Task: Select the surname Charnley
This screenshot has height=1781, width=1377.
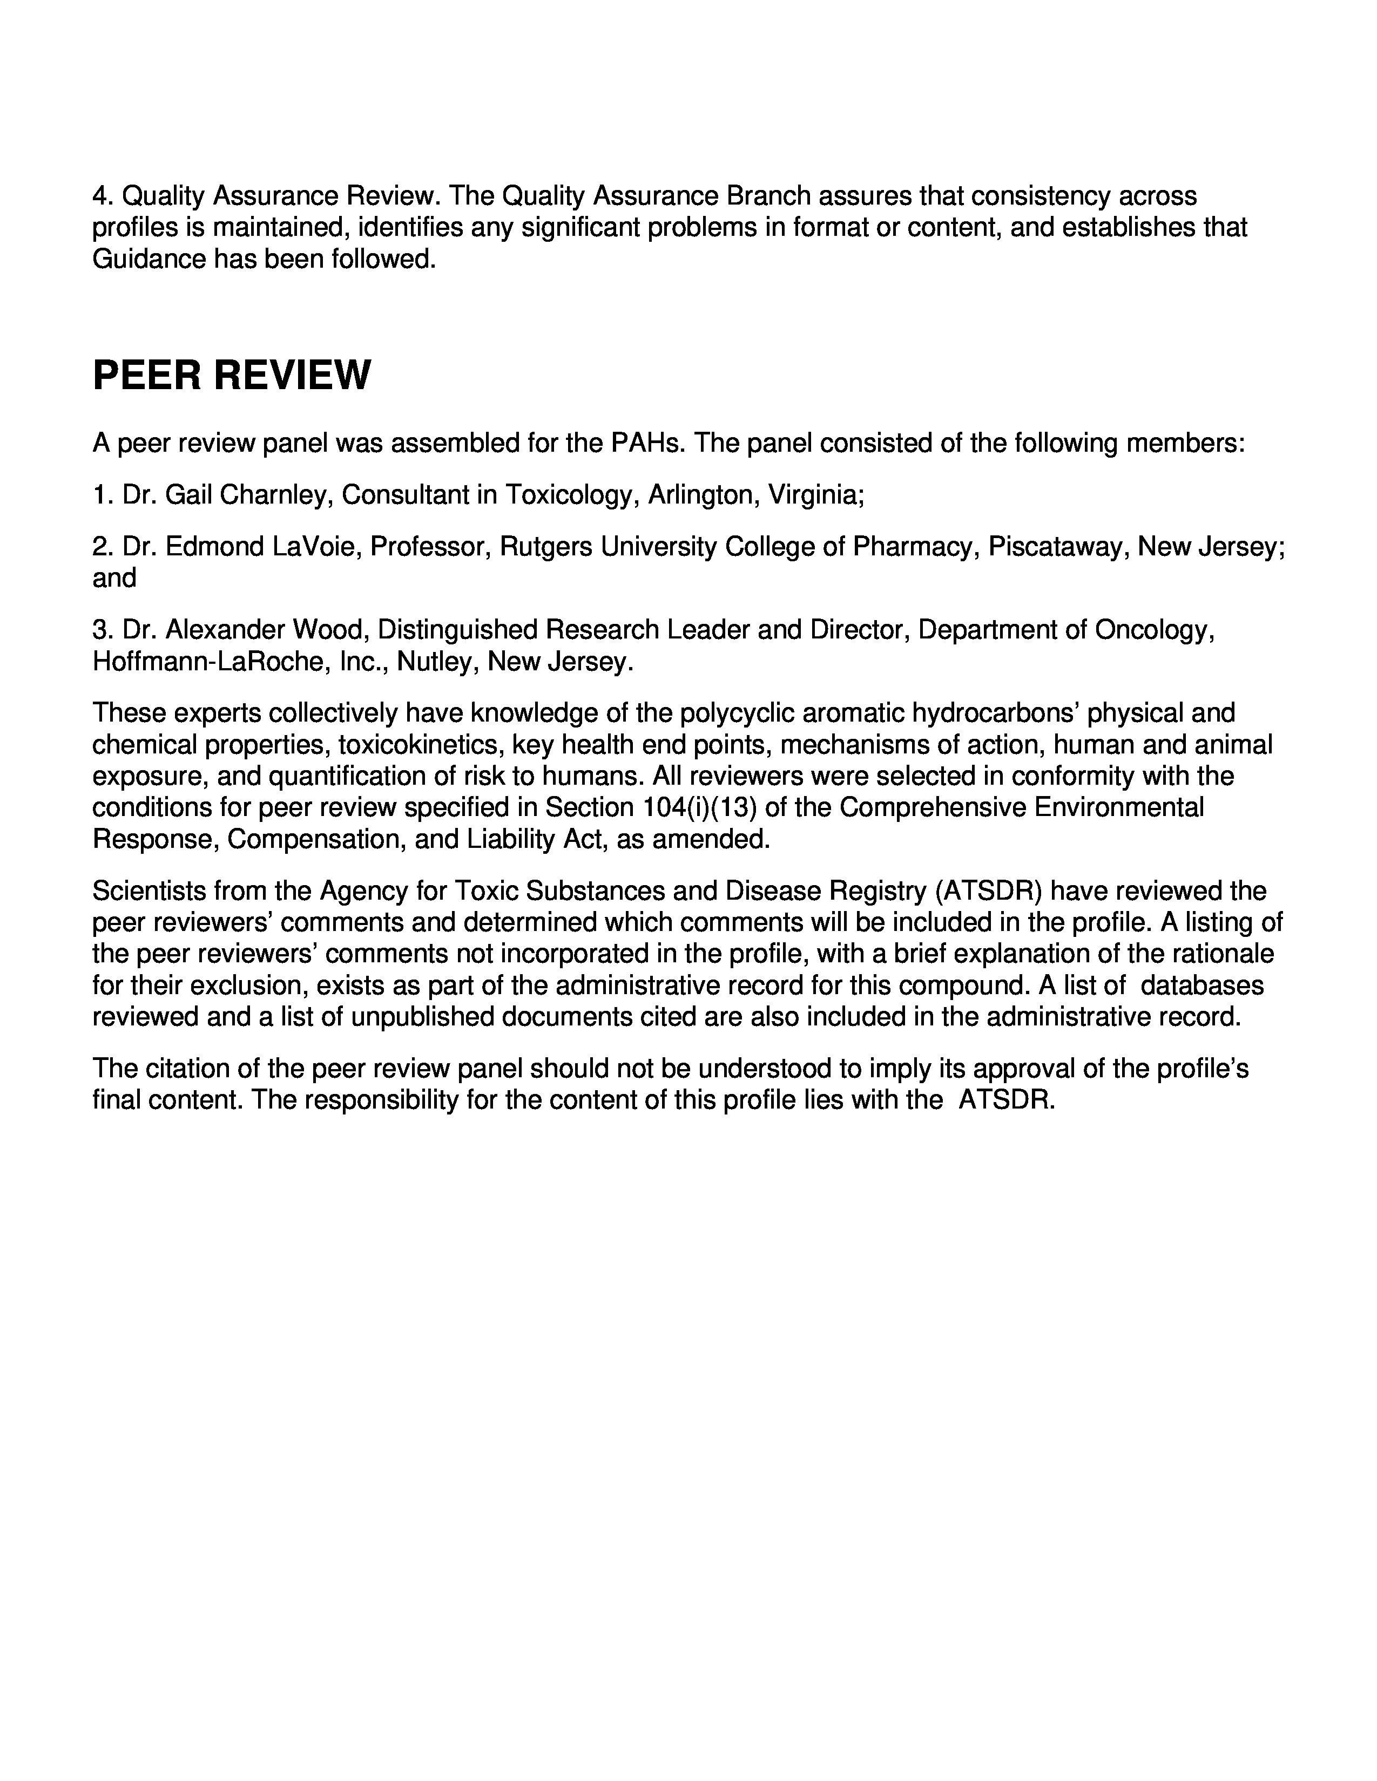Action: pyautogui.click(x=274, y=494)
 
